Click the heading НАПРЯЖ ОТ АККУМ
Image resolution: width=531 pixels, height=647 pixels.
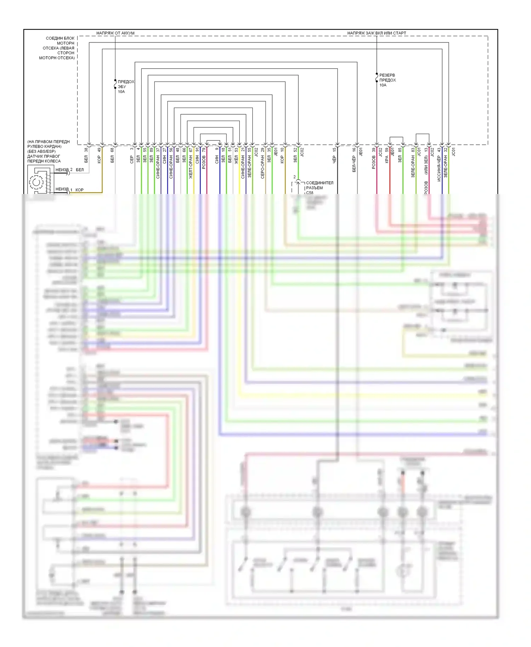(115, 33)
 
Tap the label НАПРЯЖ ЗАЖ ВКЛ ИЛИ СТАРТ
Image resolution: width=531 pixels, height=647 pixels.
(377, 33)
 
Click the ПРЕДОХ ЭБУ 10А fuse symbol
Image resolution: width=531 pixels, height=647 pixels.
(115, 85)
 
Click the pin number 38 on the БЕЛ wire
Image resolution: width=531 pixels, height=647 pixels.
(86, 150)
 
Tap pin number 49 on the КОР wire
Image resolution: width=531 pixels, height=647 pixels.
(99, 150)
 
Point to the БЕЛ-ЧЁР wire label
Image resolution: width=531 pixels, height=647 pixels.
(354, 164)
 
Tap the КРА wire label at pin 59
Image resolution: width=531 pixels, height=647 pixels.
(387, 159)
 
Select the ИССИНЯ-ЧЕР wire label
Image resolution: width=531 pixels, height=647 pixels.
(439, 168)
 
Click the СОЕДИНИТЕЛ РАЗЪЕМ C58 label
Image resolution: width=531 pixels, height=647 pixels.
(319, 188)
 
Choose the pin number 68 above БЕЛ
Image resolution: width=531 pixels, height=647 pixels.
(113, 150)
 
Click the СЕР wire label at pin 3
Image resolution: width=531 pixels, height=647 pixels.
(132, 159)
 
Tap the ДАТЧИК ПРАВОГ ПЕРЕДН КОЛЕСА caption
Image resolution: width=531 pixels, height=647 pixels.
(44, 159)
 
